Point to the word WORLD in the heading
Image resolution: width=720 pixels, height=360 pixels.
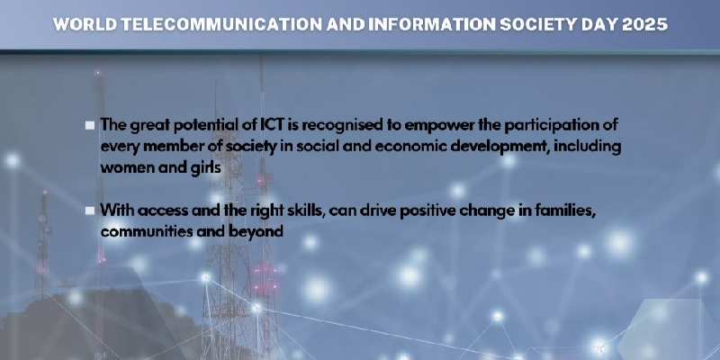pyautogui.click(x=85, y=24)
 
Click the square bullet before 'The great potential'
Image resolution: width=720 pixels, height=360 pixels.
pyautogui.click(x=90, y=125)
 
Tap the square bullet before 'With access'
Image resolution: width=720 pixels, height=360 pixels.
pyautogui.click(x=90, y=211)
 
